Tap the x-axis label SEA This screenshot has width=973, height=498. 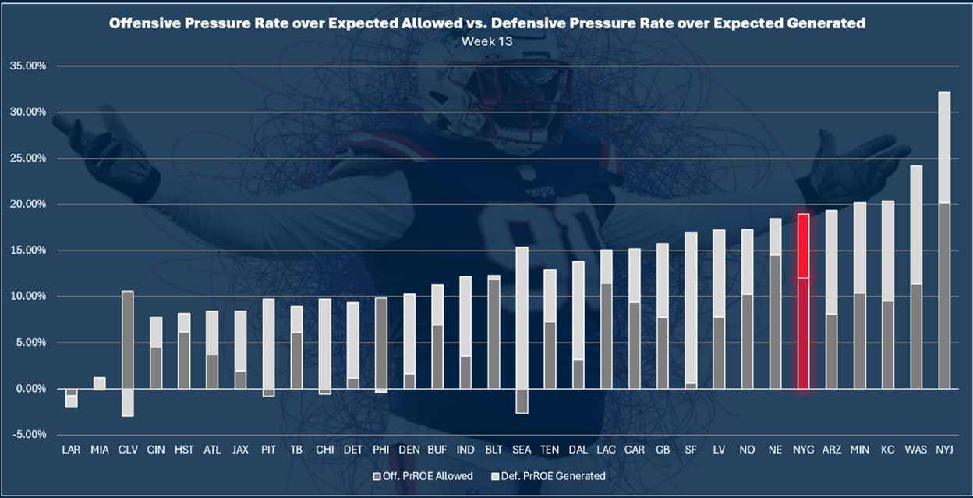pos(522,450)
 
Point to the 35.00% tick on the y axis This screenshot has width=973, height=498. pos(27,66)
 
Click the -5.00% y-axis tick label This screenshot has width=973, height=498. pos(28,435)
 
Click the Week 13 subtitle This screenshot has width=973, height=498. pos(486,41)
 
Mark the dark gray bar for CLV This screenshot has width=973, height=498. pos(128,340)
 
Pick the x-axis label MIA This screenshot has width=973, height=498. pos(100,450)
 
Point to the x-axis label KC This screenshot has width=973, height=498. pos(887,450)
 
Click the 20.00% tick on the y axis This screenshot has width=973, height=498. pos(27,205)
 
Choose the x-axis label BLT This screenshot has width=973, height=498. pos(493,450)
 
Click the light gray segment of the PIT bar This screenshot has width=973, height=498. pos(268,343)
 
